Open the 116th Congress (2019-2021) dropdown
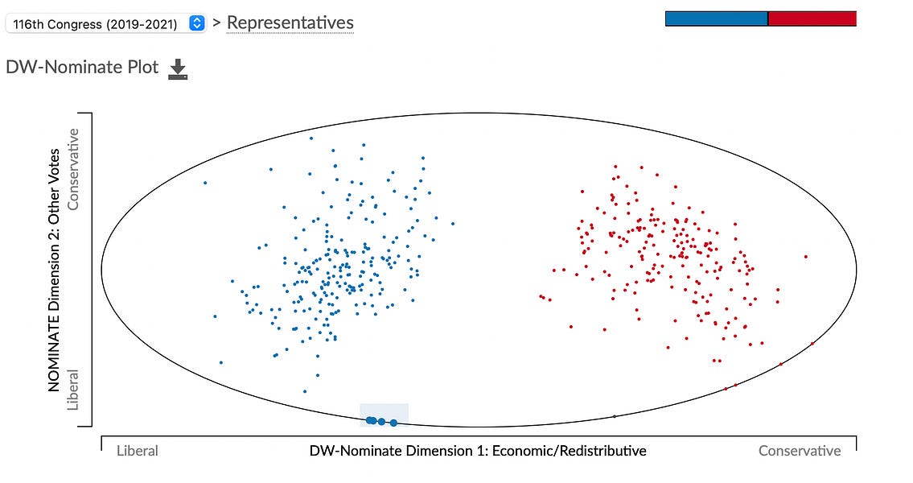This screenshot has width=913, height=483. tap(105, 23)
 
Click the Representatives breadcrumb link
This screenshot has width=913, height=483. tap(290, 23)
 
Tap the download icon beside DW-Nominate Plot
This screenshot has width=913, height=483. tap(177, 70)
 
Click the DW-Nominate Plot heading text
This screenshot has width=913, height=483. tap(82, 68)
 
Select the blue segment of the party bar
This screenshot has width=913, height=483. tap(716, 19)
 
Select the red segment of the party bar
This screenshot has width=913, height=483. tap(812, 19)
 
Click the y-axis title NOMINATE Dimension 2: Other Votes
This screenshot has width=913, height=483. tap(55, 270)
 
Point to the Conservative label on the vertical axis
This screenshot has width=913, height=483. tap(74, 169)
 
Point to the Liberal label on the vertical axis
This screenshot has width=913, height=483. tap(74, 390)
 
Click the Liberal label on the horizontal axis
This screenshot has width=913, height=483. tap(137, 451)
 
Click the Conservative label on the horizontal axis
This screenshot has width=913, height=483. tap(800, 451)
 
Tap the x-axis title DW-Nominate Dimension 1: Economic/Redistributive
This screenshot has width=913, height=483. tap(478, 451)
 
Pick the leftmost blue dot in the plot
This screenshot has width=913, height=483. tap(205, 183)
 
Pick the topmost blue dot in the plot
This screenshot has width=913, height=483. tap(311, 138)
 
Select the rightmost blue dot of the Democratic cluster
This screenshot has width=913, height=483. tap(453, 224)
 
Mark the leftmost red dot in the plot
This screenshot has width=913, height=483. tap(541, 295)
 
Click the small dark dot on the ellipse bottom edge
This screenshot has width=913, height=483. tap(615, 416)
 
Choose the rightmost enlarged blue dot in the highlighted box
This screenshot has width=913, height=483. tap(393, 423)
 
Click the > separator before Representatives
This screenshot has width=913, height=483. tap(216, 23)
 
